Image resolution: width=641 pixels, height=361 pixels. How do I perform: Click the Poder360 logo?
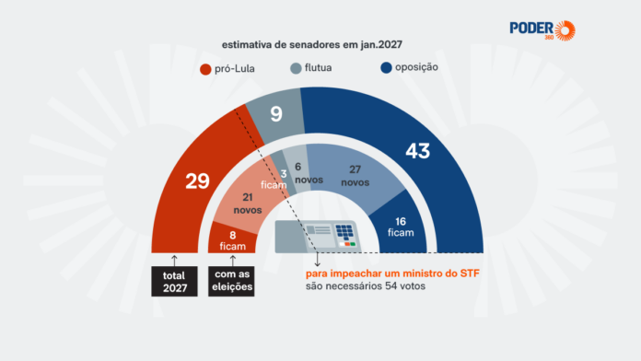pos(542,30)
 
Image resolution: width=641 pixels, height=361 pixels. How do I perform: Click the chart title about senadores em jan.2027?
pos(312,44)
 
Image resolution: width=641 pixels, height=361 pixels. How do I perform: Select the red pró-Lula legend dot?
pos(205,69)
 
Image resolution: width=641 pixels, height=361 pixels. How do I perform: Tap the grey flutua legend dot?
pos(296,68)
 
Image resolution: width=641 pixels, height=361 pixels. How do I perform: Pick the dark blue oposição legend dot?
pos(386,67)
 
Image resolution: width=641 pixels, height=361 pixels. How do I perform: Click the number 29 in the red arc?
pos(197,181)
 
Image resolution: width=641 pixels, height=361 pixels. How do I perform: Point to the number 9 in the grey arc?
pos(276,114)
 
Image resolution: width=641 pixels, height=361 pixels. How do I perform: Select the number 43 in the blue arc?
pos(418,151)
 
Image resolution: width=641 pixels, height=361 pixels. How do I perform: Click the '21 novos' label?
pos(248,204)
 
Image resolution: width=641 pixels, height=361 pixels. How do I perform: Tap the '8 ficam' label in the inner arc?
pos(233,240)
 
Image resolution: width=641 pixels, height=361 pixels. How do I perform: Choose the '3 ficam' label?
pos(274,180)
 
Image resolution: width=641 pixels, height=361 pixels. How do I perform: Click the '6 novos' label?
pos(309,173)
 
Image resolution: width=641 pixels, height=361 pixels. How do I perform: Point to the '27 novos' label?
pos(355,176)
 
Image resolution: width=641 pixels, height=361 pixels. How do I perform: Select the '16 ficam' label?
pos(401,227)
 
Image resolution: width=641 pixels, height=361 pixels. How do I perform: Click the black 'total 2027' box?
pos(175,281)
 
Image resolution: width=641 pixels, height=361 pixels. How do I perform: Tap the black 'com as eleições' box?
pos(231,281)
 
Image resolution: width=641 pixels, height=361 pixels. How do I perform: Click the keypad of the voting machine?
pos(344,232)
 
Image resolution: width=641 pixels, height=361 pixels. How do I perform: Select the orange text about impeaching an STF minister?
pos(392,274)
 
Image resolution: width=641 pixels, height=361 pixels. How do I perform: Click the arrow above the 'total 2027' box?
pos(175,261)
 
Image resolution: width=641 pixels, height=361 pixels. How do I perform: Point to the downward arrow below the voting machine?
pos(317,260)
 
